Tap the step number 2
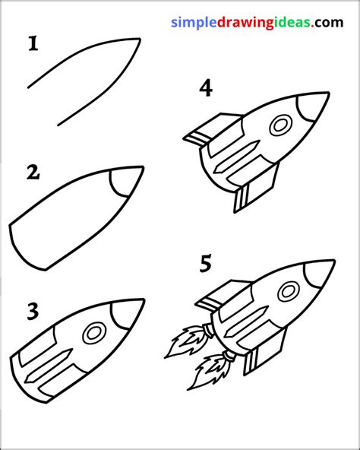pos(32,173)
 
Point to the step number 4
pos(205,89)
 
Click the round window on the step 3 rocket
pos(95,331)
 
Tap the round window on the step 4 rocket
pos(280,123)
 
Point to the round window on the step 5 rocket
pos(289,291)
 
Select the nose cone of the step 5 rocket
pos(321,274)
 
